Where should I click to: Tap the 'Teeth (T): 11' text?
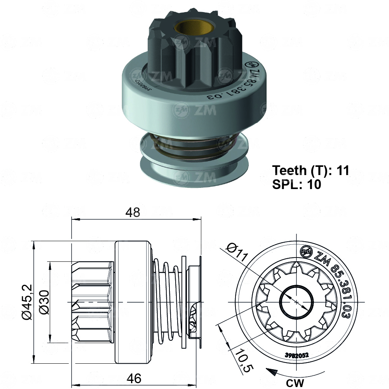tap(311, 170)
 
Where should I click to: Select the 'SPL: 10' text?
tap(297, 184)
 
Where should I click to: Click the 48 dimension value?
tap(133, 212)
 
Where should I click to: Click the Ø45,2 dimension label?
tap(26, 302)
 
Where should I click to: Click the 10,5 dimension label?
tap(242, 361)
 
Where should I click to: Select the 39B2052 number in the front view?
tap(296, 354)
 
